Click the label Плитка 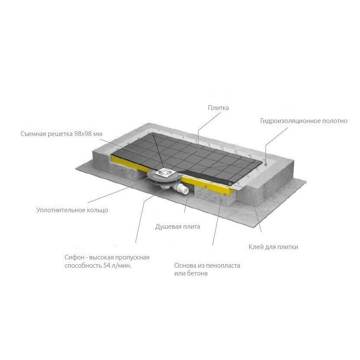218,108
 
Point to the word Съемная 33,134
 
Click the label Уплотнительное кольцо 72,210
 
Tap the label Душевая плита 178,227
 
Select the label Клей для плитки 273,247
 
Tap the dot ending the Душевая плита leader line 206,187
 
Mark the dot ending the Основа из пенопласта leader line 221,200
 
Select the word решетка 60,134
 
